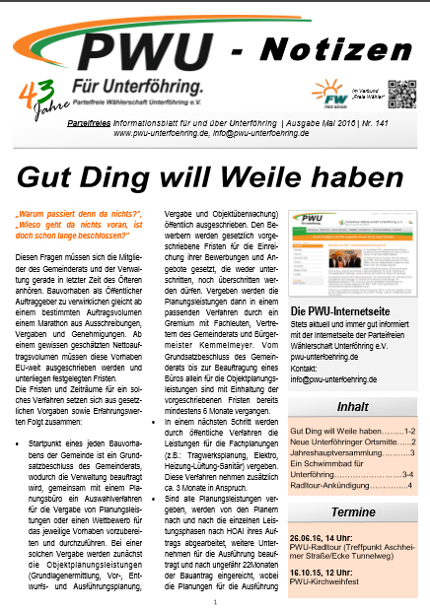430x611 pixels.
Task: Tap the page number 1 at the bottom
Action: tap(215, 598)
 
